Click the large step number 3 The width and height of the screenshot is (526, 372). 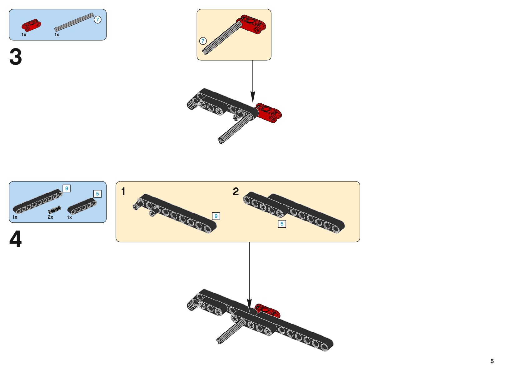coord(16,57)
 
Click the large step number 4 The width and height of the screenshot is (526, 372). coord(16,239)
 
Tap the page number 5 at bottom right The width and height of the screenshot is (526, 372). coord(492,361)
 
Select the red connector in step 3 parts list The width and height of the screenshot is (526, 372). coord(31,25)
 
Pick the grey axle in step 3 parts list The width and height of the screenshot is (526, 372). coord(74,22)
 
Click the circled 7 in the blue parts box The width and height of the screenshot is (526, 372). coord(97,20)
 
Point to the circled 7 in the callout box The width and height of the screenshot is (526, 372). coord(203,41)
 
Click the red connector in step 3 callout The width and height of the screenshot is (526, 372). coord(253,24)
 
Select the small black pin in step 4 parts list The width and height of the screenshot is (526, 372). coord(55,210)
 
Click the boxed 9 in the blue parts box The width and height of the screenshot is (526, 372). coord(67,188)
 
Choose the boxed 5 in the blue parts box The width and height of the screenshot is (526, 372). coord(97,194)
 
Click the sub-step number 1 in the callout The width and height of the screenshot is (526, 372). coord(123,191)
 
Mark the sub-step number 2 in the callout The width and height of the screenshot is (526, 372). coord(236,191)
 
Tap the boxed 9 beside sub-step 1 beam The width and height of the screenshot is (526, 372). coord(216,216)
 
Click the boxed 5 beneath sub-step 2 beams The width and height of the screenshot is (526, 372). coord(282,224)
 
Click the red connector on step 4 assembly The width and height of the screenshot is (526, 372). coord(268,310)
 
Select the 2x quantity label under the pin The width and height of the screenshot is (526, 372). coord(50,217)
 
